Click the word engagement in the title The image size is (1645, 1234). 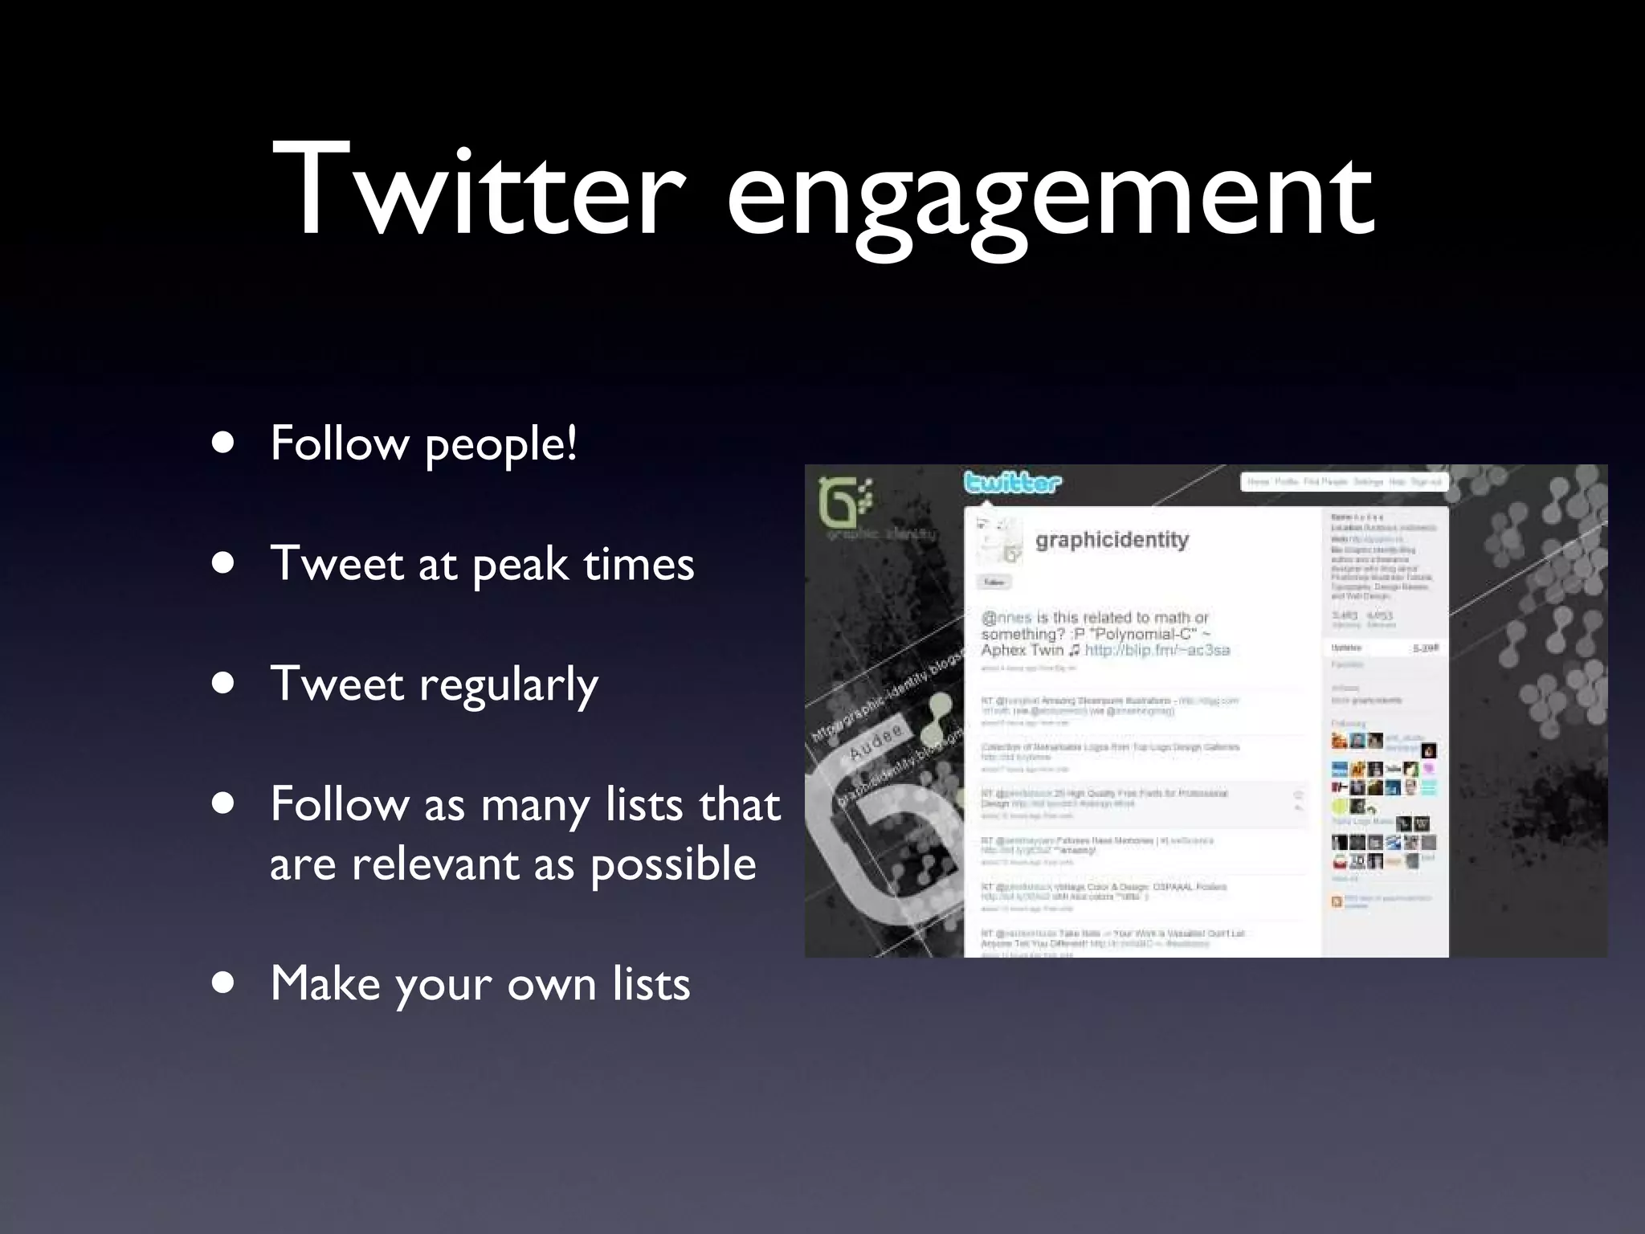click(x=1049, y=197)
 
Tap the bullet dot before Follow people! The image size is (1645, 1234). click(x=224, y=443)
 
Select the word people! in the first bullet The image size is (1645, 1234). click(x=500, y=444)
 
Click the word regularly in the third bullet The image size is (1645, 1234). click(x=508, y=685)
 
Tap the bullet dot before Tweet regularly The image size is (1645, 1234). click(x=224, y=684)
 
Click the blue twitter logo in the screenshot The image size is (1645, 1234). click(x=1012, y=483)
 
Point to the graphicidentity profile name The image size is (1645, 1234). click(x=1112, y=540)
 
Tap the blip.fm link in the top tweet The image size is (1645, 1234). click(x=1157, y=650)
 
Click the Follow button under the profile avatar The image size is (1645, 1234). click(x=994, y=582)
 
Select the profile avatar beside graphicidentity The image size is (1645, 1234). click(x=998, y=541)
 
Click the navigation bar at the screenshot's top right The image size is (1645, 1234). click(x=1343, y=482)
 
